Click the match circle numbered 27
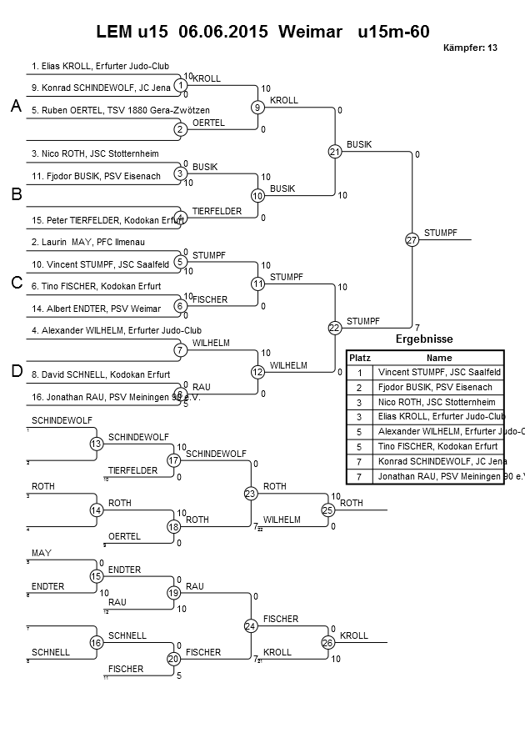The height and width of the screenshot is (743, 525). tap(412, 240)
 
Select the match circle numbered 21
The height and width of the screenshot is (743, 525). tap(335, 152)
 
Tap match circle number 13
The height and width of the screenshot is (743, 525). tap(97, 444)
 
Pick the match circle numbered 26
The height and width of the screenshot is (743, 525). tap(327, 642)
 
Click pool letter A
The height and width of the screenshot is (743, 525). tap(16, 107)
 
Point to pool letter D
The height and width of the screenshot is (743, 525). tap(16, 371)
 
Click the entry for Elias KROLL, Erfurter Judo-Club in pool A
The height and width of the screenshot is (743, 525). tap(91, 65)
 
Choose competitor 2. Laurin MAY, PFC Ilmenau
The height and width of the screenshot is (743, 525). tap(77, 242)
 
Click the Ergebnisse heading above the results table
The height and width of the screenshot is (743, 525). tap(424, 339)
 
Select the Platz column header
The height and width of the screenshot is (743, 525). tap(359, 357)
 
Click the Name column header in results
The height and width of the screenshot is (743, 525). tap(438, 357)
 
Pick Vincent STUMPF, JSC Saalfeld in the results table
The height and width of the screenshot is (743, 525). tap(439, 372)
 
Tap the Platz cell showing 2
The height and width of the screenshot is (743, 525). tap(359, 387)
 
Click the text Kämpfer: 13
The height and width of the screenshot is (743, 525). tap(471, 48)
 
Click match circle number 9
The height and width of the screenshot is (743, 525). tap(258, 108)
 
